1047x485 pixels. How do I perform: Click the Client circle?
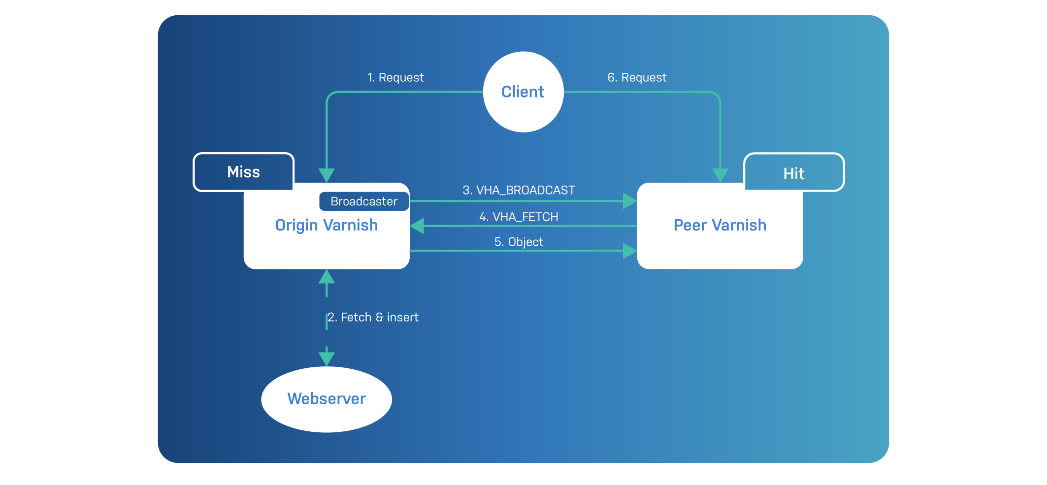[523, 92]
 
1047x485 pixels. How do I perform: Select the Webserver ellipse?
[327, 399]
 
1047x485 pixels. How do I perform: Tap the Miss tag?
[243, 172]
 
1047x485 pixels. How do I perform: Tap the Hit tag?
[794, 173]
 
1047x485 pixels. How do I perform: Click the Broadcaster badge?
[364, 201]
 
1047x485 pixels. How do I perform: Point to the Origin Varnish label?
[327, 225]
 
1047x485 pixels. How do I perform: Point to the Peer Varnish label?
[720, 225]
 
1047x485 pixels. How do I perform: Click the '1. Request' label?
[395, 77]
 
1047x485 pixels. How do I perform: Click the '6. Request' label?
[637, 77]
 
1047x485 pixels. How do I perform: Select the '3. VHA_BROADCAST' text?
[519, 190]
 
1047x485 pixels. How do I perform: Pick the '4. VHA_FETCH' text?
[519, 217]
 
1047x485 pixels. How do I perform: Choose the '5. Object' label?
[519, 242]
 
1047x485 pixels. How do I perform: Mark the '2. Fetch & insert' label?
[373, 317]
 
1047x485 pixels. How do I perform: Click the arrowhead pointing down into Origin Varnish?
[327, 175]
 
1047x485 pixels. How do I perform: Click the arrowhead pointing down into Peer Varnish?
[720, 175]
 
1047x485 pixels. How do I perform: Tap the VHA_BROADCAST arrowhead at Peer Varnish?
[629, 201]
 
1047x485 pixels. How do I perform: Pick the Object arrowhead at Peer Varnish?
[629, 251]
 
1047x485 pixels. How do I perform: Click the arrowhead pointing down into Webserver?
[327, 358]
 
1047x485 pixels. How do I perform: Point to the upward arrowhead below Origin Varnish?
[327, 277]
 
